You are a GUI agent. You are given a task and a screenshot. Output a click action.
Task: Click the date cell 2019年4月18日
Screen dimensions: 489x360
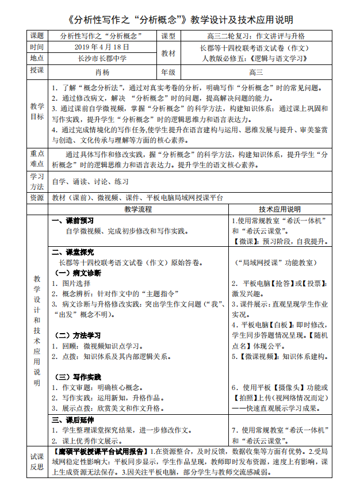101,47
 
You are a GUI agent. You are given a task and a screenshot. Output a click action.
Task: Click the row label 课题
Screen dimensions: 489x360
37,36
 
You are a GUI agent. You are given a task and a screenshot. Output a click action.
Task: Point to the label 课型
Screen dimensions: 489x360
169,36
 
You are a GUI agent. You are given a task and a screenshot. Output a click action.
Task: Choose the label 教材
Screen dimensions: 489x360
169,52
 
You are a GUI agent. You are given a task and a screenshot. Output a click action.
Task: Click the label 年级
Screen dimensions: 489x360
169,72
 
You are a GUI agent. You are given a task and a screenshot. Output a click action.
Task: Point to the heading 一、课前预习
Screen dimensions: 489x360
73,220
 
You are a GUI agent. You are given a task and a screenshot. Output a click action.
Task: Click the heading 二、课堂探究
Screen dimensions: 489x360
73,252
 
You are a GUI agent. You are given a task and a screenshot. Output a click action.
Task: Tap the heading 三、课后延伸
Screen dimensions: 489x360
73,419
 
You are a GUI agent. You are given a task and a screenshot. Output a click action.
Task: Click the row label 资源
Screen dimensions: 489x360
37,197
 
